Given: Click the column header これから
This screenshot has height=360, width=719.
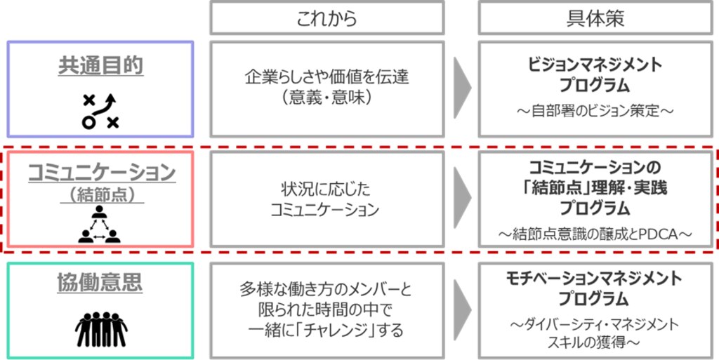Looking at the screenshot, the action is [x=327, y=18].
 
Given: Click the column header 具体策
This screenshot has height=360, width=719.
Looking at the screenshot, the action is [x=595, y=18].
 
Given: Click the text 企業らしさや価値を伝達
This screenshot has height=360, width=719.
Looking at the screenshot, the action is [x=327, y=78].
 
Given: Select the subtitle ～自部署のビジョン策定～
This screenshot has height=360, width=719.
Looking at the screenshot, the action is [x=595, y=111].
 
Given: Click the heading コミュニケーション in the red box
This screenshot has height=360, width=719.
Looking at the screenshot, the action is [x=101, y=173].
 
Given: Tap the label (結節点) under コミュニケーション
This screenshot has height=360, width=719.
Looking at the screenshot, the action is [x=101, y=194].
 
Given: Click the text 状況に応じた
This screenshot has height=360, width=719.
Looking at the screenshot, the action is [x=327, y=190].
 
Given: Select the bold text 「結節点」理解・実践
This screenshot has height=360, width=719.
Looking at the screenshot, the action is [x=595, y=188].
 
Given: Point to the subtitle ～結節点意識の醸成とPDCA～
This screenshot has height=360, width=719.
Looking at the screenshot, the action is [x=595, y=234].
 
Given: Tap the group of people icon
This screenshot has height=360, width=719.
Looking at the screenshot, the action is [x=101, y=328].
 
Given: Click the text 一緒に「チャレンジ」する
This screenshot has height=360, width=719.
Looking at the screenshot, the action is [x=327, y=329].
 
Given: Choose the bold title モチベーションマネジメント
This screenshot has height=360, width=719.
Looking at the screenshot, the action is [x=595, y=279].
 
